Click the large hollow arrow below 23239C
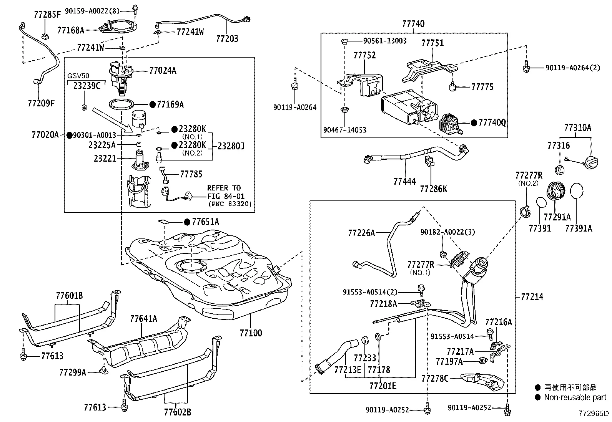click(x=112, y=117)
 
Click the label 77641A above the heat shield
click(x=143, y=319)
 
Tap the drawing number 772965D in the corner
click(x=594, y=414)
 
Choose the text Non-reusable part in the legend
click(x=575, y=397)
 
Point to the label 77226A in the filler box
click(x=361, y=233)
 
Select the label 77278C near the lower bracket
click(x=435, y=379)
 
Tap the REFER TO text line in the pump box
click(x=224, y=188)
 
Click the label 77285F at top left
click(x=47, y=15)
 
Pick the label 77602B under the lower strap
click(x=177, y=412)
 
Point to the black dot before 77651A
click(x=187, y=222)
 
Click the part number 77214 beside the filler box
click(x=532, y=296)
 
